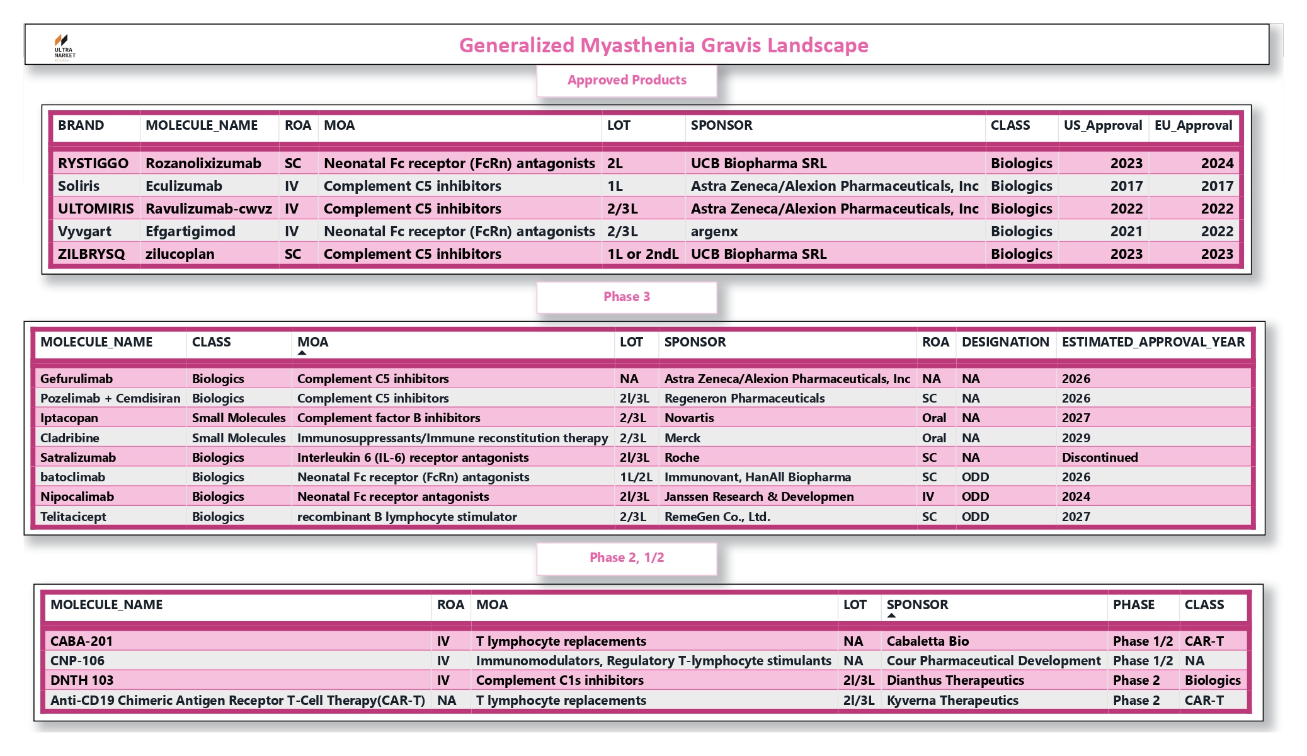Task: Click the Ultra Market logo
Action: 64,46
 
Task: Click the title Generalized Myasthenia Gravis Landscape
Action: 663,45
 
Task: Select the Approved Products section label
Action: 627,81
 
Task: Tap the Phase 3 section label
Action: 627,297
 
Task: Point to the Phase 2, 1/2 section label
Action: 627,558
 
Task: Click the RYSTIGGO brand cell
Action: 93,164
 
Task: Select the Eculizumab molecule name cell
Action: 184,186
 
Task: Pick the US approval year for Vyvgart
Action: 1126,232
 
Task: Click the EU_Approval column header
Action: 1193,125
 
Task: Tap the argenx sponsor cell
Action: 714,232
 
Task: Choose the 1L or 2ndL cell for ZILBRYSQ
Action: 642,255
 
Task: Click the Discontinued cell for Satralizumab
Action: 1100,458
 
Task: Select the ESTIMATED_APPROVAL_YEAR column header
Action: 1153,342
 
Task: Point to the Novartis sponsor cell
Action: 689,418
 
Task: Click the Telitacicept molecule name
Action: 73,517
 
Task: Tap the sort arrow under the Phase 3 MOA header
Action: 302,353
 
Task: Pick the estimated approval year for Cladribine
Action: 1076,438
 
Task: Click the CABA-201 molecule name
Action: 81,641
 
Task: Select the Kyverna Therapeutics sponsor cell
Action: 952,701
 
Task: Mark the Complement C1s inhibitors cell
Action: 559,680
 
